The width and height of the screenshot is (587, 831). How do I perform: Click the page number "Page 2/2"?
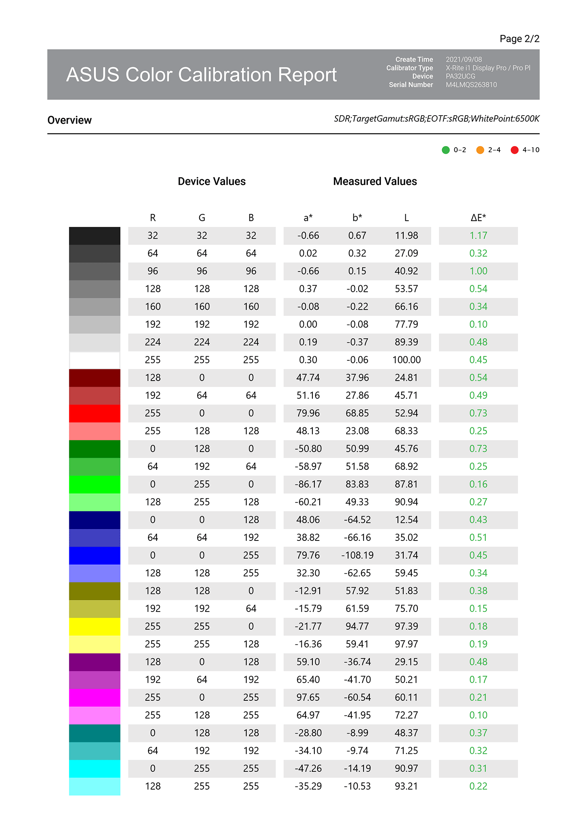coord(519,39)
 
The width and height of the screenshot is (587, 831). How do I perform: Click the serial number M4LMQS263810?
coord(471,85)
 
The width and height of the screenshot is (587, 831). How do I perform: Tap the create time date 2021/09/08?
coord(464,60)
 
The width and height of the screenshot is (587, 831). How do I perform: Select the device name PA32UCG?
coord(460,76)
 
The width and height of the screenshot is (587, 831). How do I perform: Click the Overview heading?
coord(69,120)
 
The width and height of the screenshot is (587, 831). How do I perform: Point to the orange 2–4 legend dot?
coord(480,150)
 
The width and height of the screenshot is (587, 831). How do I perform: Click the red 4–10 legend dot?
coord(514,150)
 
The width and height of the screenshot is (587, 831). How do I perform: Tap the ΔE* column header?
coord(478,218)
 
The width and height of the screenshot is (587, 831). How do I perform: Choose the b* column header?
coord(357,218)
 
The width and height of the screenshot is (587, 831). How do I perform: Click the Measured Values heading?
coord(375,181)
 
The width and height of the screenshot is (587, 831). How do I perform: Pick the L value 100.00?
coord(406,360)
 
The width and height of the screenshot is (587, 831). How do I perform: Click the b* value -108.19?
coord(357,555)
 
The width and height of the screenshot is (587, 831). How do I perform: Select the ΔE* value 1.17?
coord(478,236)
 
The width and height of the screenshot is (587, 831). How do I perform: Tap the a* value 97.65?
coord(308,698)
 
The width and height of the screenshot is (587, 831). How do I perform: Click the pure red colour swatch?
coord(95,413)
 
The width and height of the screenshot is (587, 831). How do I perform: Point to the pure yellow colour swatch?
coord(95,626)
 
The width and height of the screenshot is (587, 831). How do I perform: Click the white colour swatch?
coord(95,360)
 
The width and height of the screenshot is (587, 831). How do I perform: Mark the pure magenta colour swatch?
coord(95,698)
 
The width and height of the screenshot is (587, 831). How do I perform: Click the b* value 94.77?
coord(357,626)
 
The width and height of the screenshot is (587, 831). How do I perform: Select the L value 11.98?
coord(406,236)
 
